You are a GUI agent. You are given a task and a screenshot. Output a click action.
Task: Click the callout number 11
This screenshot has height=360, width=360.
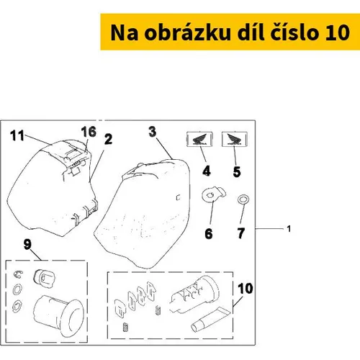tap(17, 135)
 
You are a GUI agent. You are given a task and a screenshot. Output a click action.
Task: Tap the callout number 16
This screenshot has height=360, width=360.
tap(89, 132)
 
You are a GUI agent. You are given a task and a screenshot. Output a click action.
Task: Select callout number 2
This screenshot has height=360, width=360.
tap(108, 139)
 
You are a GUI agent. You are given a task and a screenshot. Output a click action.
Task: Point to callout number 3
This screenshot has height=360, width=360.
tap(153, 132)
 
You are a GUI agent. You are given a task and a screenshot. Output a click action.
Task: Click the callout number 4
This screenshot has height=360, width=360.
tap(207, 171)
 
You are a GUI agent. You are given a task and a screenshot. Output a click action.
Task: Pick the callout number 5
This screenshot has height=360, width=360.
tap(237, 171)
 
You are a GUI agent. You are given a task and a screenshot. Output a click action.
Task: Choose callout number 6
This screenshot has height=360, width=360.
tap(209, 233)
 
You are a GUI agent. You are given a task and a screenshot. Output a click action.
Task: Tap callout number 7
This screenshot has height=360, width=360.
tap(241, 233)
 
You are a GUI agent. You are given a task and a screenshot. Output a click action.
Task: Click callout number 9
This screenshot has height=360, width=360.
tap(27, 244)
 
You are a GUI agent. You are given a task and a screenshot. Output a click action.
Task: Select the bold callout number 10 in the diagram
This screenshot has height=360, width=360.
tap(246, 288)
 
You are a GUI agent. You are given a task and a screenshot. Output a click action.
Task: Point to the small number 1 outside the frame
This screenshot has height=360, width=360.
tap(289, 229)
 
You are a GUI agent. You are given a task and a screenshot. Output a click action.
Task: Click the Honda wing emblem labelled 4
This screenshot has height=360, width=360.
tap(199, 139)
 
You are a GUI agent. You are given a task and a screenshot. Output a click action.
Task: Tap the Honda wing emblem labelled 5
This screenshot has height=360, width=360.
tap(235, 139)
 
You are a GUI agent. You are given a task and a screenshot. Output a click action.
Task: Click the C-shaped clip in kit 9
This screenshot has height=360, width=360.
tap(18, 274)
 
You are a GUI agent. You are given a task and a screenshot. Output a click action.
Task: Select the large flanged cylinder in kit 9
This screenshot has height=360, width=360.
tap(59, 315)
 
